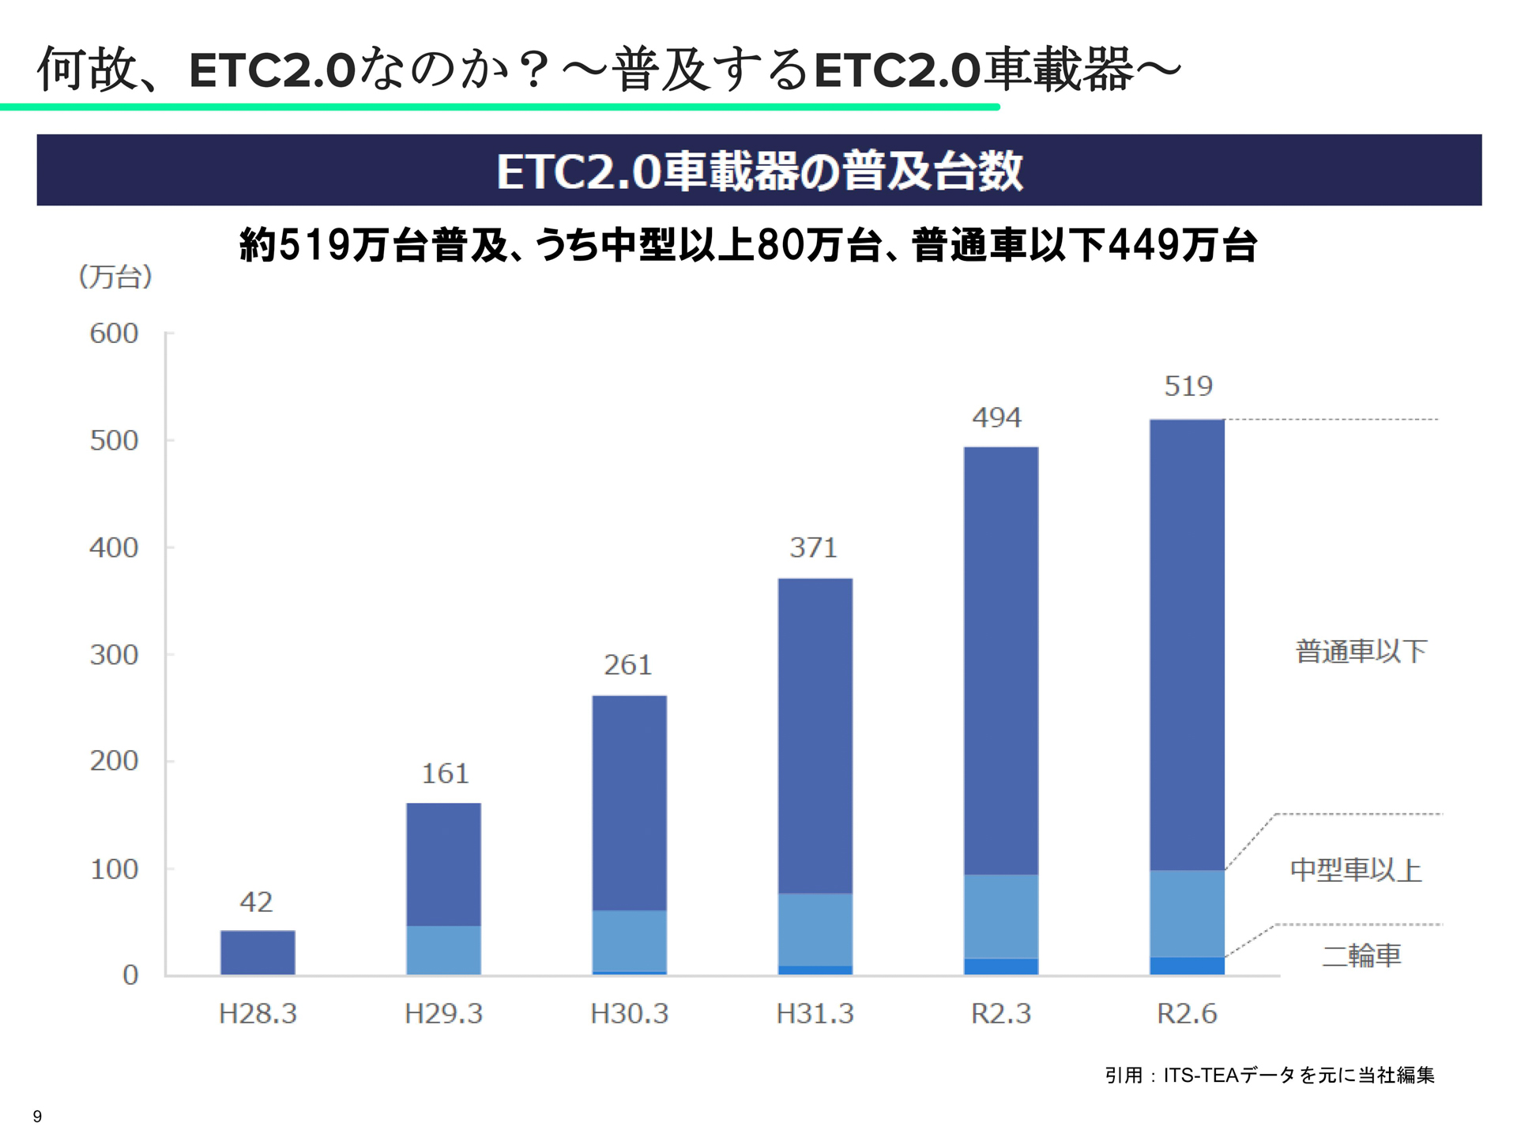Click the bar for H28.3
click(x=258, y=952)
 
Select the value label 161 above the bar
click(x=445, y=773)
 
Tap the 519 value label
click(x=1188, y=386)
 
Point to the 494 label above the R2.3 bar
click(x=996, y=417)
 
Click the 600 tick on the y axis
click(x=114, y=333)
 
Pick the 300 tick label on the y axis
click(x=114, y=654)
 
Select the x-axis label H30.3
click(x=629, y=1013)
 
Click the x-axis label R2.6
click(x=1187, y=1013)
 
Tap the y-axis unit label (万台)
click(x=115, y=277)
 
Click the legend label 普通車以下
click(x=1361, y=651)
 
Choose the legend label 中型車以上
click(x=1356, y=870)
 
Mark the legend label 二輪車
click(x=1361, y=955)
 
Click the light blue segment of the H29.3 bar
click(x=443, y=950)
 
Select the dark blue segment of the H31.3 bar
click(x=815, y=735)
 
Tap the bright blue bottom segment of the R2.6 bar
click(x=1187, y=966)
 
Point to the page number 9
click(x=37, y=1116)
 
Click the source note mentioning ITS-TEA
click(x=1269, y=1075)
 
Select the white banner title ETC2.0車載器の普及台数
click(x=758, y=171)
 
